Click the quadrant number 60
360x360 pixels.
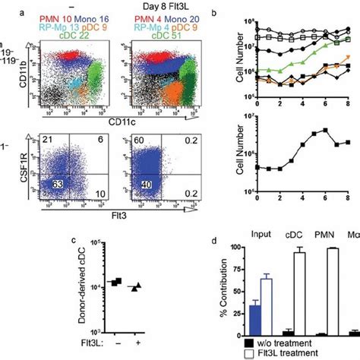[x=140, y=144]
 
